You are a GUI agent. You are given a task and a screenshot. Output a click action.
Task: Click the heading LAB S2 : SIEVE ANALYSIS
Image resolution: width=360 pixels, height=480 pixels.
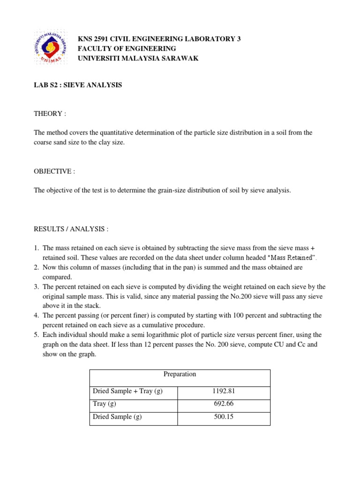click(78, 85)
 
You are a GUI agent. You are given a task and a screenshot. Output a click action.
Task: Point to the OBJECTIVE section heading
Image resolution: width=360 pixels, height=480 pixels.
click(54, 171)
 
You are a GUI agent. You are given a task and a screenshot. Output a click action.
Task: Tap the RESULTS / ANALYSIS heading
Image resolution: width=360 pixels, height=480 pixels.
click(71, 229)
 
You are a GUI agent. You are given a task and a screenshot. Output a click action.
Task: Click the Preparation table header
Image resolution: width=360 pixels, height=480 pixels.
click(180, 374)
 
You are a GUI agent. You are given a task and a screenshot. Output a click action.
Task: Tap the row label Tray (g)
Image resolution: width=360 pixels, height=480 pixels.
click(105, 404)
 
